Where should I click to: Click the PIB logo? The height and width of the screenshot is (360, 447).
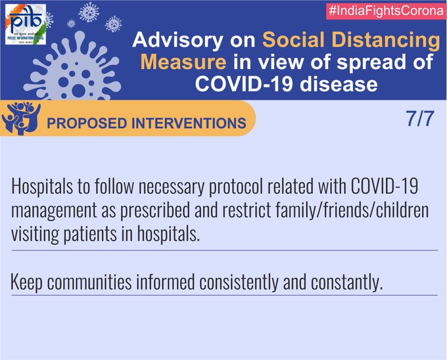[26, 24]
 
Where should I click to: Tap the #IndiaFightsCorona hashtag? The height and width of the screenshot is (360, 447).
[387, 11]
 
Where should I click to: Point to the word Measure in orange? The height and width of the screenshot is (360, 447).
[183, 62]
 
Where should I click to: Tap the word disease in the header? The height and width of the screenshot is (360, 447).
[339, 84]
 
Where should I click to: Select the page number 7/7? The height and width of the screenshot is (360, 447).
[420, 118]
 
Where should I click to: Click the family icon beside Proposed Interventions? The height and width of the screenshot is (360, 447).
[22, 118]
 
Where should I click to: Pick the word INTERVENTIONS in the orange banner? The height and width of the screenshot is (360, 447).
[189, 124]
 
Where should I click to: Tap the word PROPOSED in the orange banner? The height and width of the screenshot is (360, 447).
[87, 124]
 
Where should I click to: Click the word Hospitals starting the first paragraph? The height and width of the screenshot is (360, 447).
[42, 187]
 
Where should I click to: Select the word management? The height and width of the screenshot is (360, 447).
[54, 211]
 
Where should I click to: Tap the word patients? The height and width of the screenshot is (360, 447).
[90, 235]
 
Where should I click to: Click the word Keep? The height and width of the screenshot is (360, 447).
[26, 282]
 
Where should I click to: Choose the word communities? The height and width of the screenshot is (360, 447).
[89, 282]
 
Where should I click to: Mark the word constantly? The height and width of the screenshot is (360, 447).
[346, 282]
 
